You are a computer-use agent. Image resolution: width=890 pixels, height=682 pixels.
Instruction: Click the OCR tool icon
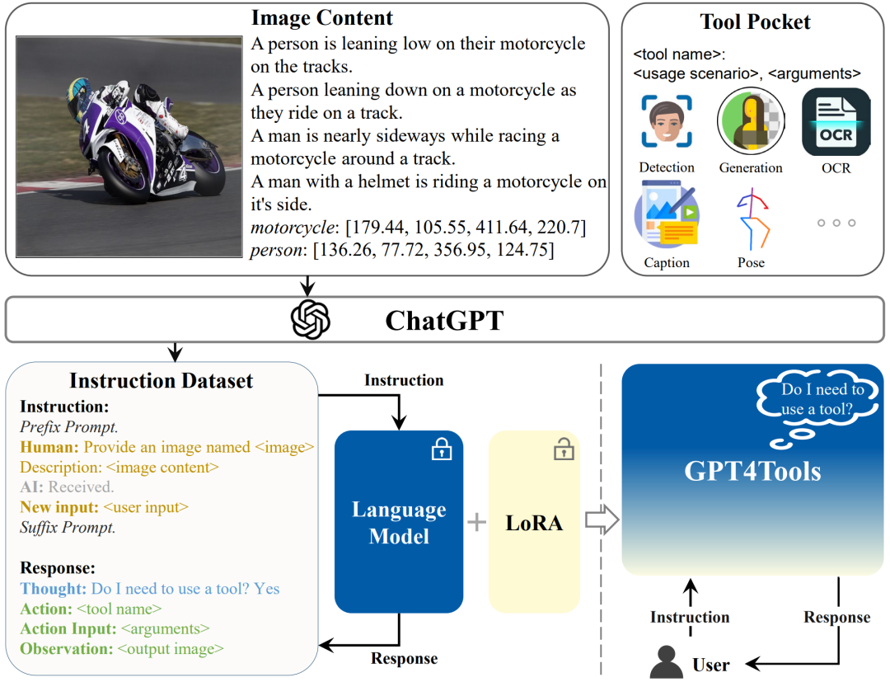836,122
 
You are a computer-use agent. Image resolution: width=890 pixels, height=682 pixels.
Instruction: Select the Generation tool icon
750,122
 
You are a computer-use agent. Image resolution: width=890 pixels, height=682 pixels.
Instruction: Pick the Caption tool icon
666,219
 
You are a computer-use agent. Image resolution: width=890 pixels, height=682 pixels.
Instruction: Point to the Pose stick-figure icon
751,219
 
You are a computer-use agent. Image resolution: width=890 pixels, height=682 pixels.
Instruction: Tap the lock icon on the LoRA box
564,449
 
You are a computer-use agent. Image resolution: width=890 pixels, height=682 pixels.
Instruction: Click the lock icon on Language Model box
442,449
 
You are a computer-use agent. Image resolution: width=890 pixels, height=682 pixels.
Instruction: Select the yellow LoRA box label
534,522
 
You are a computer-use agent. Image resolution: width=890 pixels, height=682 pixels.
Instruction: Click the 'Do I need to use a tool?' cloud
822,398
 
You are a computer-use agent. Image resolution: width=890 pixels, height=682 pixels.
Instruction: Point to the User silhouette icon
667,662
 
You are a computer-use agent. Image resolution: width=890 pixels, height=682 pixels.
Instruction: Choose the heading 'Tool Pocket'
755,21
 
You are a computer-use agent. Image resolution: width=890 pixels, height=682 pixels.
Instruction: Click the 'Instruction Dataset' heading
161,380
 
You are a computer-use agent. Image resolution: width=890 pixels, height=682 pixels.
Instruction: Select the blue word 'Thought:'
54,589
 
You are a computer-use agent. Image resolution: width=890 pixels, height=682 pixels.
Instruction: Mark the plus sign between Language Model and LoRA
476,522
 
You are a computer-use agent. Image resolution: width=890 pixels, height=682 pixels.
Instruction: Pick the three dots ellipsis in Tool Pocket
836,223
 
